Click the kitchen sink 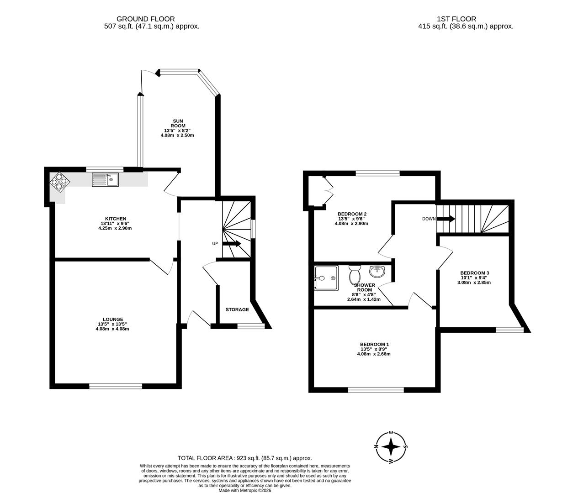tap(105, 180)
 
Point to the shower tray tap(326, 278)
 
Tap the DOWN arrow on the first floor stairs tap(446, 219)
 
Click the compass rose tap(391, 447)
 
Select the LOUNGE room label tap(113, 319)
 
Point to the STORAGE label tap(237, 309)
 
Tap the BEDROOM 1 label tap(374, 344)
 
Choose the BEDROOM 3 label tap(475, 273)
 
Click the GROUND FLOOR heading tap(145, 19)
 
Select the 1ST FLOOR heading tap(456, 19)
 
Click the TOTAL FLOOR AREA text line tap(244, 458)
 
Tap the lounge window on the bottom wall tap(116, 386)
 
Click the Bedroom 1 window tap(376, 390)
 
